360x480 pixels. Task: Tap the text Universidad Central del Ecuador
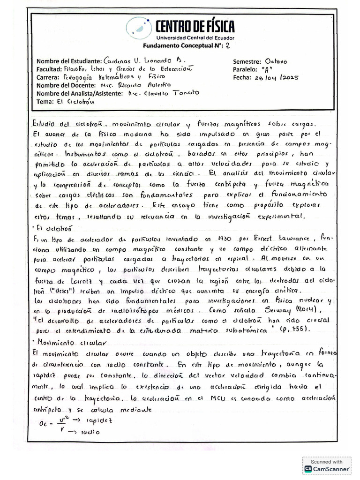pyautogui.click(x=195, y=37)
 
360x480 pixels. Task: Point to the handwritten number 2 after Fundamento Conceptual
pyautogui.click(x=228, y=45)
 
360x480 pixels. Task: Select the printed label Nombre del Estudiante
pyautogui.click(x=69, y=61)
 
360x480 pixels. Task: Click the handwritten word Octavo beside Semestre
pyautogui.click(x=276, y=61)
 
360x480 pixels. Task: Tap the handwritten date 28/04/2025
pyautogui.click(x=276, y=78)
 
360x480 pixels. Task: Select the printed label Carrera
pyautogui.click(x=48, y=77)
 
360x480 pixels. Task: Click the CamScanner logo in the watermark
pyautogui.click(x=308, y=468)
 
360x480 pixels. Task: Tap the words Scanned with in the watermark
pyautogui.click(x=327, y=461)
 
